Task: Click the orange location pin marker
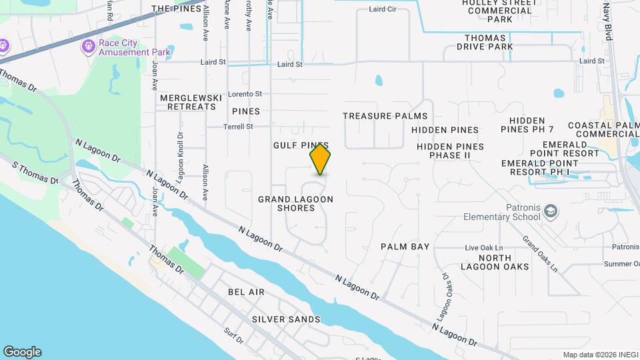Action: coord(321,160)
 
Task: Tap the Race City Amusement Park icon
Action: coord(87,46)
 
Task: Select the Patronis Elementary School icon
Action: coord(551,211)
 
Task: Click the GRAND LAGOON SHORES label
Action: coord(295,203)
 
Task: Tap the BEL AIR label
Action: coord(246,292)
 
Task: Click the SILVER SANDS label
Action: coord(286,319)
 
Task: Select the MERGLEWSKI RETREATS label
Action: coord(191,102)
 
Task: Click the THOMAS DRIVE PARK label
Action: coord(480,43)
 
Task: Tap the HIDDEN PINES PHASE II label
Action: coord(450,151)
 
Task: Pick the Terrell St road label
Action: coord(239,126)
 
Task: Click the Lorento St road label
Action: coord(245,94)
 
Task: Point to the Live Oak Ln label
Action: coord(484,248)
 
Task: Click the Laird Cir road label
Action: coord(382,10)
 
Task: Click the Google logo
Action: coord(22,352)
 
